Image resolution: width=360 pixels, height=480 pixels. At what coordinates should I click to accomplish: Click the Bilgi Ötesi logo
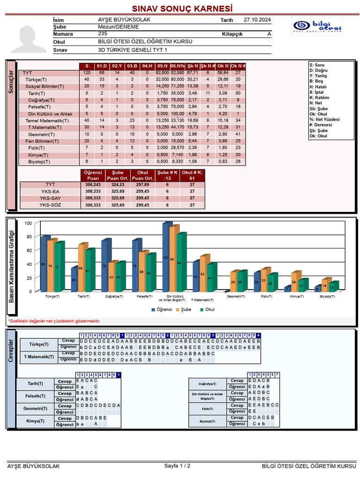[x=317, y=27]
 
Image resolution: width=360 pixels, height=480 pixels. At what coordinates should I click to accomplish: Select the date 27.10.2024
[x=257, y=20]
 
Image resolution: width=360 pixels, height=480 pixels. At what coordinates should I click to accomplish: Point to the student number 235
[x=103, y=34]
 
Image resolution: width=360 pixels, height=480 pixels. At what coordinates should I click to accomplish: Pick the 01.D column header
[x=102, y=66]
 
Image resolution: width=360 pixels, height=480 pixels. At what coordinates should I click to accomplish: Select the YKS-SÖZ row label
[x=50, y=205]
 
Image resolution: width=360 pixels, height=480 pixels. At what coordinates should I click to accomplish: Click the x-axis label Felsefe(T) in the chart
[x=143, y=297]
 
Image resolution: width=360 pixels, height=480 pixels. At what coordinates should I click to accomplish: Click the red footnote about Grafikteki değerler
[x=54, y=321]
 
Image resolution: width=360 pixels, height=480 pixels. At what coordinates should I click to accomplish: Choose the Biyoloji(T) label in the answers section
[x=207, y=421]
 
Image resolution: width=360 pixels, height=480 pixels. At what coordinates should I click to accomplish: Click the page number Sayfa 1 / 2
[x=177, y=466]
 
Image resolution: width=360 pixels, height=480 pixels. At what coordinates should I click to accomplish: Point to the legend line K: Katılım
[x=320, y=97]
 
